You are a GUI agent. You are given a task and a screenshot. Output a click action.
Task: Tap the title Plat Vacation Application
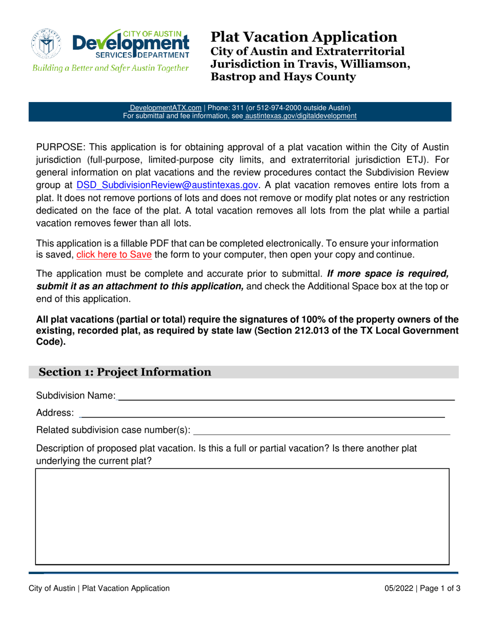click(x=303, y=37)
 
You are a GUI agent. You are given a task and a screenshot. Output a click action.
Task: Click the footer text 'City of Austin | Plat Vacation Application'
click(x=98, y=589)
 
